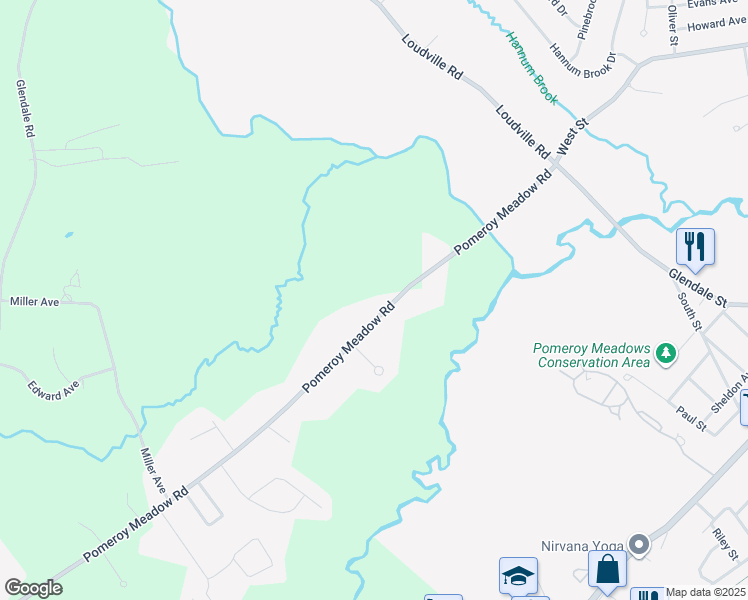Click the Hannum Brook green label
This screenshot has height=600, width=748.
pos(531,69)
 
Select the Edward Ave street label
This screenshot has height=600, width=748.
pos(54,388)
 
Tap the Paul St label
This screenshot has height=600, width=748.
pos(691,419)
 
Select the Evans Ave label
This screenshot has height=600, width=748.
pos(713,5)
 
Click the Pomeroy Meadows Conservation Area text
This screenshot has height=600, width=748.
pos(593,354)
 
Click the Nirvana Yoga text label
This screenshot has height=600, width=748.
pos(583,545)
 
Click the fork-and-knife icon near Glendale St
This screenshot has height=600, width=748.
pos(696,246)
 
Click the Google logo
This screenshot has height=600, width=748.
pos(33,588)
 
